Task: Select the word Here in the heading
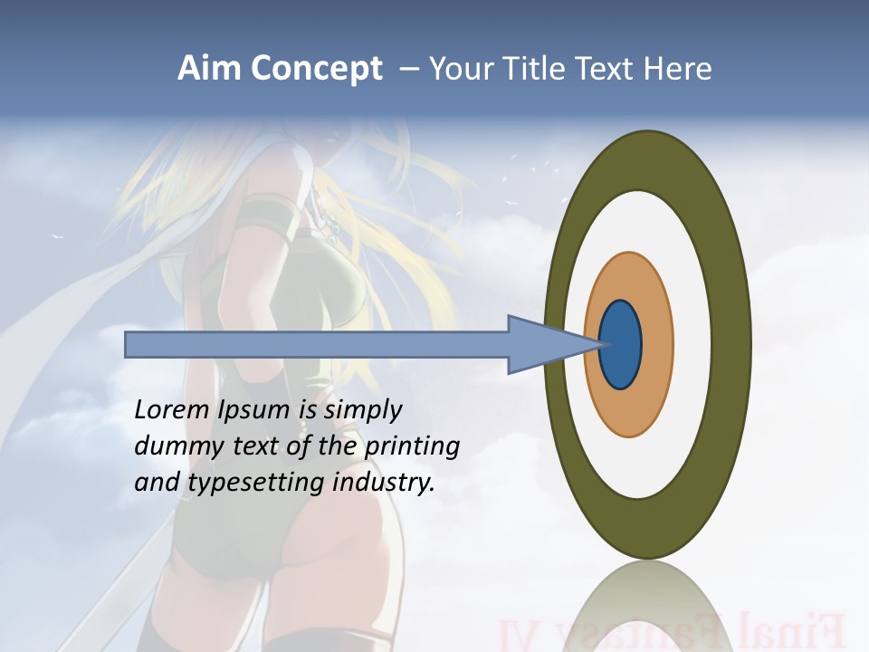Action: coord(680,69)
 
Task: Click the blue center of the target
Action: coord(621,345)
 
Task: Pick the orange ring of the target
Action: coord(656,345)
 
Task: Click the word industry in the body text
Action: coord(384,483)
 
